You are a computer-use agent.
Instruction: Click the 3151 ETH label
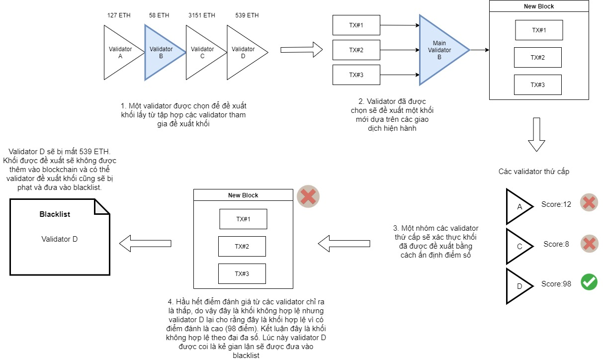tap(202, 15)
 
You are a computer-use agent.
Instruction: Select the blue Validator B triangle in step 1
tap(162, 53)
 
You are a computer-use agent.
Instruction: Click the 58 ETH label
tap(159, 15)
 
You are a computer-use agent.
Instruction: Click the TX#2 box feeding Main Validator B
tap(356, 50)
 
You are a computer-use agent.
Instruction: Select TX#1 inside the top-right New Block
tap(539, 30)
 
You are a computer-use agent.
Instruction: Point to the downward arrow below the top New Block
tap(536, 134)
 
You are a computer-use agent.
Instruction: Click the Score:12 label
tap(556, 204)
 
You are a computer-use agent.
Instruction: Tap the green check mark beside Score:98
tap(589, 282)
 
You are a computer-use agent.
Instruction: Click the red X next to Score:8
tap(589, 244)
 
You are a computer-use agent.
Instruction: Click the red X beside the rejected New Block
tap(308, 196)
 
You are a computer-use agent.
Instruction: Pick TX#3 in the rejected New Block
tap(242, 274)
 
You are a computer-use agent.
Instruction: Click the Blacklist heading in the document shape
tap(55, 214)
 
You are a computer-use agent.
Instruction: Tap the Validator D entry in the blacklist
tap(60, 239)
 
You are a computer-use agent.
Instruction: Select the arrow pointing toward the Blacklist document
tap(145, 244)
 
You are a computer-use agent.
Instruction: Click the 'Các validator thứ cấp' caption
tap(534, 172)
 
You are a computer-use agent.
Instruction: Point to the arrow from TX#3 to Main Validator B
tap(400, 75)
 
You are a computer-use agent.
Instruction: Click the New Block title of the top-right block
tap(539, 6)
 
